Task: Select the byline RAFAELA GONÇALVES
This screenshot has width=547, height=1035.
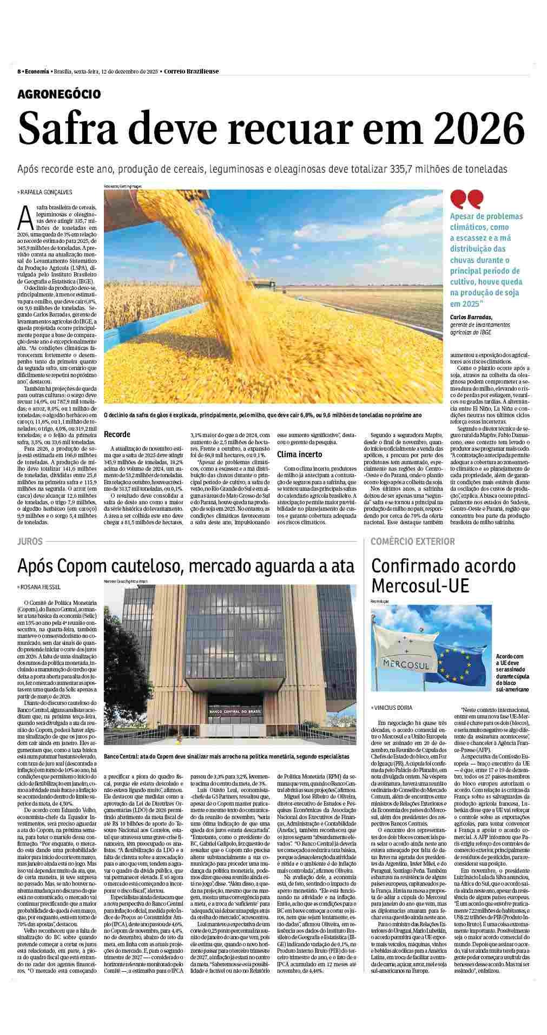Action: tap(47, 192)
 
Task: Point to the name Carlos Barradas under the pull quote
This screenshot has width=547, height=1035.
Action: tap(471, 317)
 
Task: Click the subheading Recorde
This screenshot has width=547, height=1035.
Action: tap(117, 434)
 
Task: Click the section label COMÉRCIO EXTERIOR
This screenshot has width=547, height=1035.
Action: tap(413, 541)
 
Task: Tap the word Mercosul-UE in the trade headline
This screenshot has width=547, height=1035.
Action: tap(420, 585)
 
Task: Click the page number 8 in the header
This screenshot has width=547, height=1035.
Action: tap(19, 71)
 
